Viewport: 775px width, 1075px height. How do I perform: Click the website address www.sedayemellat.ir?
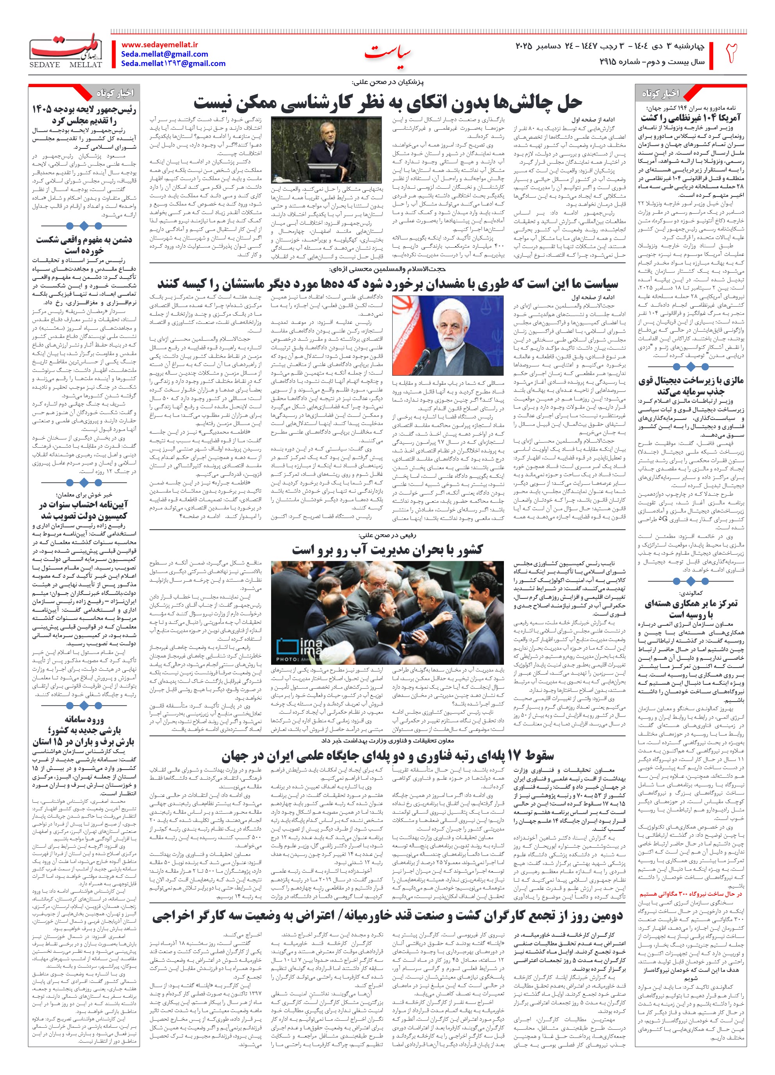pos(159,45)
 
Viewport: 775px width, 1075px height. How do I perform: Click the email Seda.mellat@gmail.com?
pos(164,54)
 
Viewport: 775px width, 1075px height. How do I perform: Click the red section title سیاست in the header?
pos(387,53)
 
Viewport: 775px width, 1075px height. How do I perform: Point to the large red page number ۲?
pos(732,53)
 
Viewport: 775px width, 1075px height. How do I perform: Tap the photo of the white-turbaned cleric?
pos(448,335)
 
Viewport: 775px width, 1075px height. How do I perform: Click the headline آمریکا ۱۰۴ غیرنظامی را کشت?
pos(691,118)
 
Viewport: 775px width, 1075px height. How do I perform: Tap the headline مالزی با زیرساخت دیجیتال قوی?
pos(691,386)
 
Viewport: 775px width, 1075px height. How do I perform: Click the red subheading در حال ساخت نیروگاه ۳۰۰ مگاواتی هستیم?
pos(691,894)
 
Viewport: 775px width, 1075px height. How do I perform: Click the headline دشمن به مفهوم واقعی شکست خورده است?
pos(84,245)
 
